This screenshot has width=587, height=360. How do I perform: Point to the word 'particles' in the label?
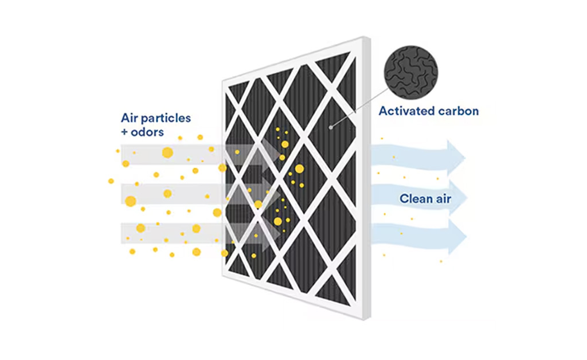pyautogui.click(x=167, y=118)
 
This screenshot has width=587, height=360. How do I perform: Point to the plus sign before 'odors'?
pyautogui.click(x=125, y=132)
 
